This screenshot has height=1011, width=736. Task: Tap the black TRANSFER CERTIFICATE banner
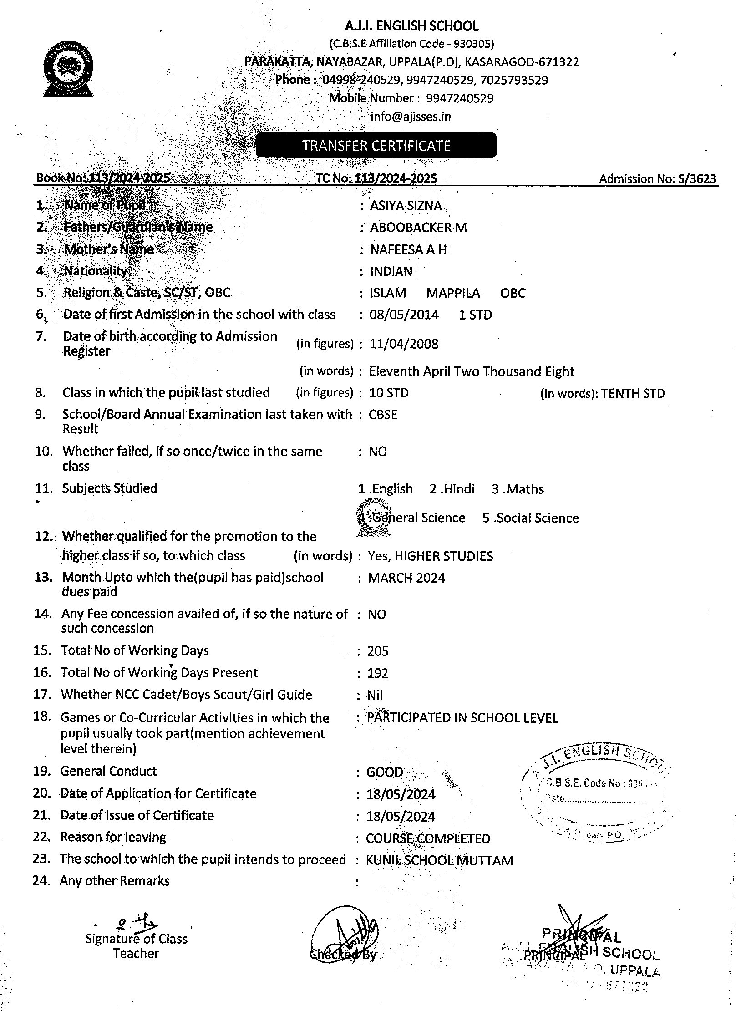pyautogui.click(x=376, y=145)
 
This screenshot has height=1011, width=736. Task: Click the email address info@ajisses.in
pyautogui.click(x=411, y=117)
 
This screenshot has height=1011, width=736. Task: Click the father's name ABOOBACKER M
pyautogui.click(x=418, y=227)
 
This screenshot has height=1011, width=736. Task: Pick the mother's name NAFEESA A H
pyautogui.click(x=408, y=249)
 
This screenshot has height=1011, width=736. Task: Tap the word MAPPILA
pyautogui.click(x=453, y=293)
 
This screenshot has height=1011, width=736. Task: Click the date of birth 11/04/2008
pyautogui.click(x=404, y=344)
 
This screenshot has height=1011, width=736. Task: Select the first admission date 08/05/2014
pyautogui.click(x=404, y=315)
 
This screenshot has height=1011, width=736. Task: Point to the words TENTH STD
pyautogui.click(x=633, y=393)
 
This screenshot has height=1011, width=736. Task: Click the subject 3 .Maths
pyautogui.click(x=518, y=489)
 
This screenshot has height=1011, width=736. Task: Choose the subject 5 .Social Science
pyautogui.click(x=530, y=518)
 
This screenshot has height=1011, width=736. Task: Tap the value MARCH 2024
pyautogui.click(x=406, y=578)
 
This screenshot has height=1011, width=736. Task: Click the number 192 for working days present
pyautogui.click(x=378, y=673)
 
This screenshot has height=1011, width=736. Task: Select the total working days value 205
pyautogui.click(x=378, y=651)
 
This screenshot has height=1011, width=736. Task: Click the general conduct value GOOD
pyautogui.click(x=385, y=772)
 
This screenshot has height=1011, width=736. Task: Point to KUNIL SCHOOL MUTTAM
pyautogui.click(x=439, y=860)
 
